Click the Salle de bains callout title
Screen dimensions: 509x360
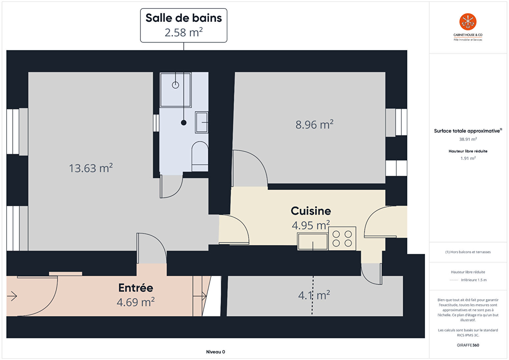(x=183, y=18)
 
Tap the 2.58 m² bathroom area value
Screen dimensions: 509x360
(x=183, y=32)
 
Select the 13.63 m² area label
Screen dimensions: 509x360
(x=91, y=168)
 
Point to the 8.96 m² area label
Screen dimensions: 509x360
(x=314, y=124)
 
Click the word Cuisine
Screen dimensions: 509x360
(x=311, y=211)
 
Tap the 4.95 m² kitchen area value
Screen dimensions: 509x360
(x=311, y=225)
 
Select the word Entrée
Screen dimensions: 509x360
(x=136, y=288)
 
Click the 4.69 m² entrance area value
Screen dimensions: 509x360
(x=136, y=302)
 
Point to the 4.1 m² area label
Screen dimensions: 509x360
(x=314, y=295)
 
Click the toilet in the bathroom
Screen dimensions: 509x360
(x=200, y=156)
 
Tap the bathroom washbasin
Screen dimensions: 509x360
(x=201, y=122)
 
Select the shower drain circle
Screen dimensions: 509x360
(x=175, y=85)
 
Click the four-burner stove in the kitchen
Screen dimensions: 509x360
(x=342, y=239)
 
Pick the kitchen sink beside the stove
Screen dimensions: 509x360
(x=313, y=241)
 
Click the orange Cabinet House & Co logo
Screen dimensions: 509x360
(x=468, y=22)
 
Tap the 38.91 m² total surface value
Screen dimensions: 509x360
(x=468, y=139)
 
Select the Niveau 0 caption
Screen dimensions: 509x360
(x=215, y=352)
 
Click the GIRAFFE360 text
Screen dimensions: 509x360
(x=468, y=345)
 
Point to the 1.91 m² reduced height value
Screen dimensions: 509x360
(x=468, y=158)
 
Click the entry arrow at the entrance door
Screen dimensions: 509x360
(x=12, y=296)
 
